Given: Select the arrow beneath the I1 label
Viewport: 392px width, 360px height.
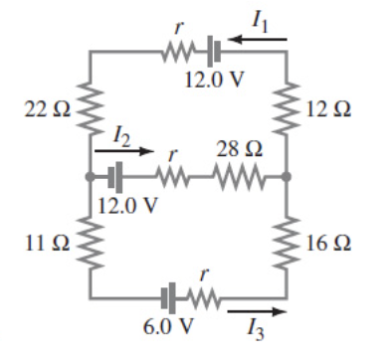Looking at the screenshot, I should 257,40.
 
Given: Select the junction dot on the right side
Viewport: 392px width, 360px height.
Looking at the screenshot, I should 287,178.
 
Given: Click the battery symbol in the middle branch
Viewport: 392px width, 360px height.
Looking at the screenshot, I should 115,178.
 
